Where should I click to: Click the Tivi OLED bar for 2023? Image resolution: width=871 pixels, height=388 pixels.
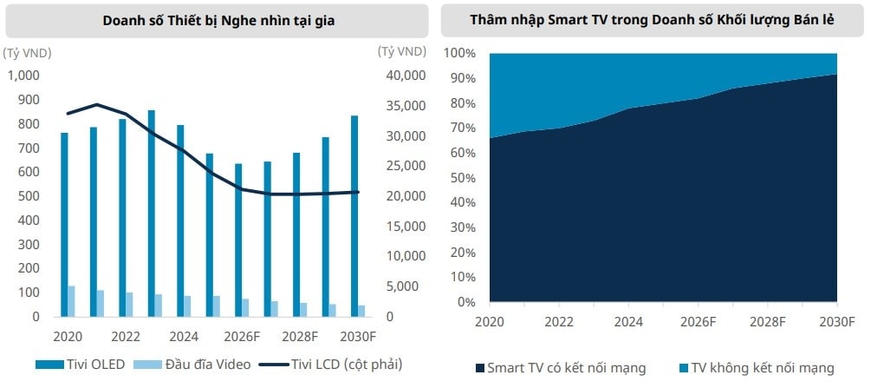click(x=152, y=214)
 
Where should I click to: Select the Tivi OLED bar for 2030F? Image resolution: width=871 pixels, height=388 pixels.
click(x=354, y=216)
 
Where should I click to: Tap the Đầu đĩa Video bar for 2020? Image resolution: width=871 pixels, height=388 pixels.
click(x=72, y=301)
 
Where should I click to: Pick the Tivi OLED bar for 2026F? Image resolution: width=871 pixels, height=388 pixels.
click(x=238, y=240)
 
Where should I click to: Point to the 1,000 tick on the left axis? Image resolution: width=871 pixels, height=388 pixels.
click(x=23, y=76)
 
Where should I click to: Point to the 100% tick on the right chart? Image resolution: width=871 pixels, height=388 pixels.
click(x=459, y=53)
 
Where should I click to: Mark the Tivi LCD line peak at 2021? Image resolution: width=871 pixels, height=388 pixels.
click(x=98, y=104)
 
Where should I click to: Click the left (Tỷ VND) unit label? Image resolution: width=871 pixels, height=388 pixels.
click(x=28, y=52)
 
